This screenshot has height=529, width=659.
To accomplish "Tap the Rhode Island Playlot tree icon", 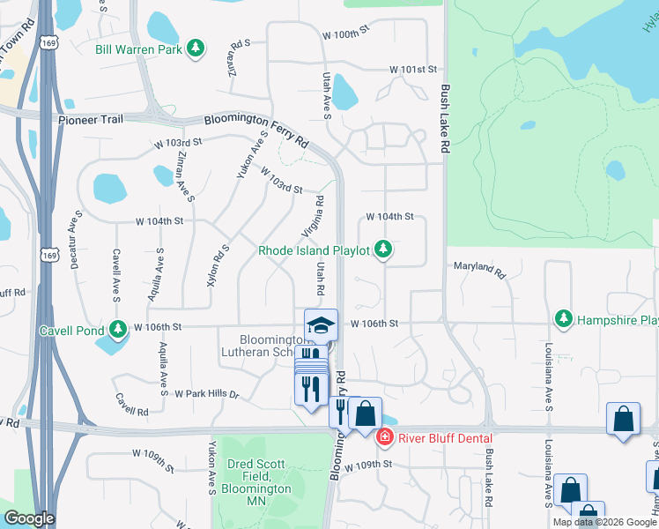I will [x=382, y=251].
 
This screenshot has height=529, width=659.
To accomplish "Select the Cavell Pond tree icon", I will [x=120, y=331].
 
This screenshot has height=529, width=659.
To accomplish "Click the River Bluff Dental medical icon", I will [x=384, y=437].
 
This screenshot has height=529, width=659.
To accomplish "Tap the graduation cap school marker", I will [x=321, y=326].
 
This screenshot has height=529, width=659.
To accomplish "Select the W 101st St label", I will [x=414, y=69].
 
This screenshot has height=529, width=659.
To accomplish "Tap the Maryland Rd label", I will [x=480, y=269].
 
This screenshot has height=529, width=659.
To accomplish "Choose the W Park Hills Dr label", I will [x=207, y=394].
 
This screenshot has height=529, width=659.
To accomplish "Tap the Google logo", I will [x=29, y=518].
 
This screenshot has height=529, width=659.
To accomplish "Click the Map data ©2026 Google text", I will [x=604, y=522].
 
